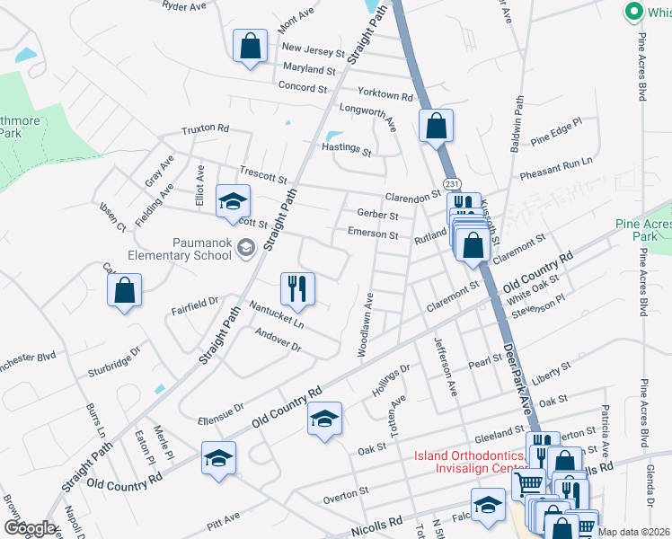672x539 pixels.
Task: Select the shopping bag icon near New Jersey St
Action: tap(250, 46)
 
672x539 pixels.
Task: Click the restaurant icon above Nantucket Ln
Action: tap(297, 289)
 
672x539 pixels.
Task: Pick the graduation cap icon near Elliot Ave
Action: tap(233, 200)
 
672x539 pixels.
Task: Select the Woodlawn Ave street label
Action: tap(367, 324)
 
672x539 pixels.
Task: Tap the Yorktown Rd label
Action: tap(384, 95)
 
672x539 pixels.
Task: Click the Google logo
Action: tap(29, 528)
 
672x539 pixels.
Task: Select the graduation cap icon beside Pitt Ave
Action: tap(219, 458)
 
